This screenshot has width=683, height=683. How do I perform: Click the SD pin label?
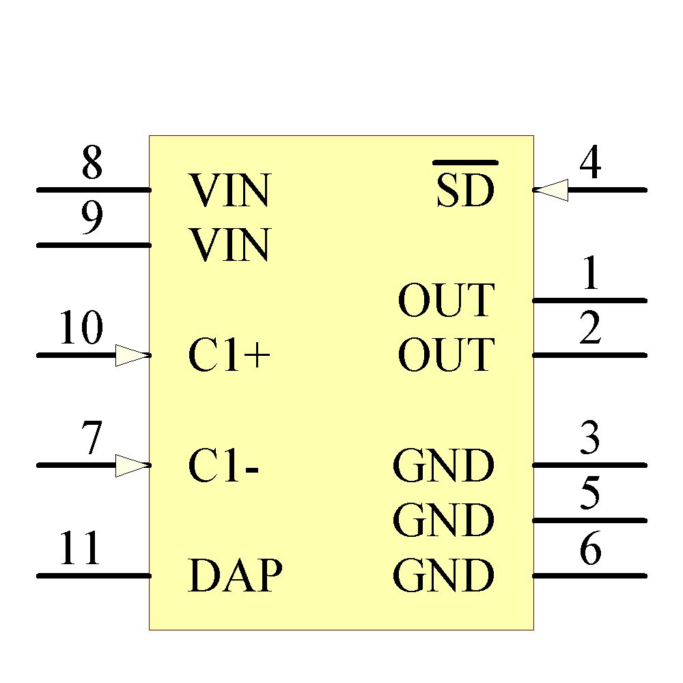tap(465, 191)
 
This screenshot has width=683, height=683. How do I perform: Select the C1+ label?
tap(229, 356)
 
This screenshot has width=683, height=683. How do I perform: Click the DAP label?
tap(235, 576)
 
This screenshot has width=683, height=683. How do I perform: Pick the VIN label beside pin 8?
tap(229, 191)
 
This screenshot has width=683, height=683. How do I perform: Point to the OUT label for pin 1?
tap(445, 301)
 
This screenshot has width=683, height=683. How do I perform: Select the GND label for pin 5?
tap(443, 521)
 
